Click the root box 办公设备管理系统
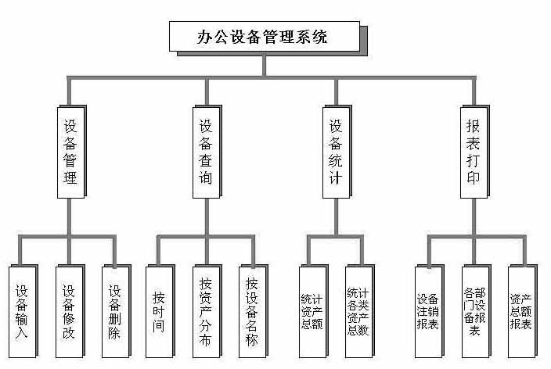pyautogui.click(x=264, y=37)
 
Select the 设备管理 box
pyautogui.click(x=70, y=151)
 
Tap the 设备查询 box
pyautogui.click(x=205, y=151)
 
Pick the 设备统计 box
pyautogui.click(x=335, y=151)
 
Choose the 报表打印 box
pyautogui.click(x=473, y=151)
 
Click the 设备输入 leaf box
pyautogui.click(x=21, y=311)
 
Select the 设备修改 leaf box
pyautogui.click(x=69, y=311)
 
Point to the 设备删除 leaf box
pyautogui.click(x=115, y=311)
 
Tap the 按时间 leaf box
pyautogui.click(x=159, y=311)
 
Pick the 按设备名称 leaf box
pyautogui.click(x=251, y=311)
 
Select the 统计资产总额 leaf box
pyautogui.click(x=312, y=311)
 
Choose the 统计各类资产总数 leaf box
pyautogui.click(x=358, y=311)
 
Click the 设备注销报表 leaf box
pyautogui.click(x=427, y=311)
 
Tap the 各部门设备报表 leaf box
pyautogui.click(x=474, y=311)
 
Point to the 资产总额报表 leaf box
pyautogui.click(x=520, y=311)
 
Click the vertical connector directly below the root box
pyautogui.click(x=265, y=65)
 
